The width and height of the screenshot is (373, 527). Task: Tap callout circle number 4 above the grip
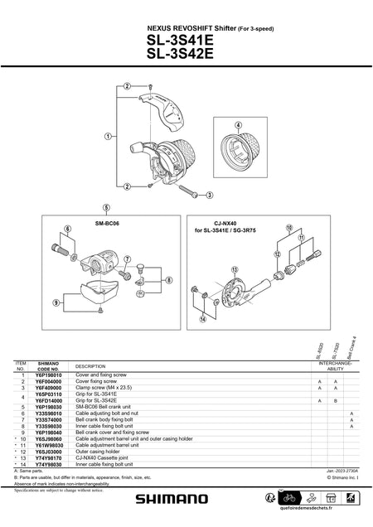238,126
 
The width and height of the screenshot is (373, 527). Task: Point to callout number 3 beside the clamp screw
209,195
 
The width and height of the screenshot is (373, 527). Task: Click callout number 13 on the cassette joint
235,269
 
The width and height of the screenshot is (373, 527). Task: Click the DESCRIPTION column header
90,366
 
